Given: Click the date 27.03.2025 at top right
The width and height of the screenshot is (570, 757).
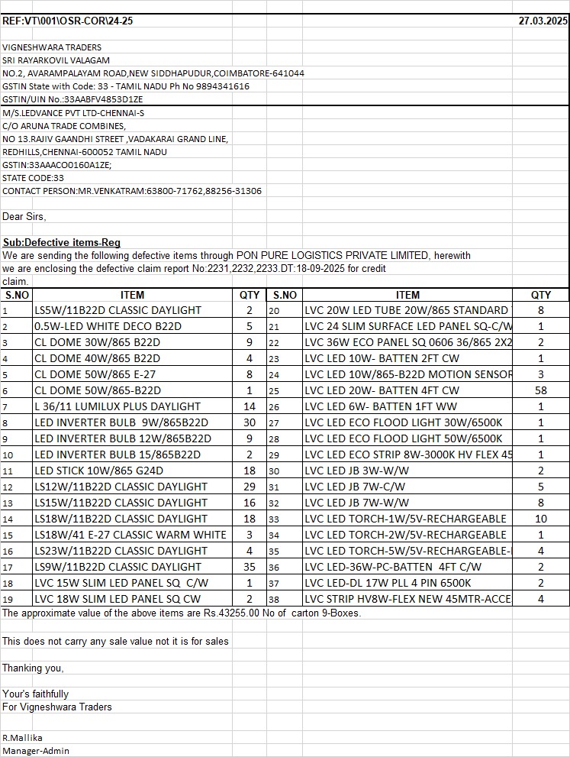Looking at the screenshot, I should [x=543, y=21].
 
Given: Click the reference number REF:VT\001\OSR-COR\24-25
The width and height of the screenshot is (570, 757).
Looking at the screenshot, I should [x=67, y=21].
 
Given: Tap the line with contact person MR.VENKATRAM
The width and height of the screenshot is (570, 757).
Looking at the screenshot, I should [x=132, y=191].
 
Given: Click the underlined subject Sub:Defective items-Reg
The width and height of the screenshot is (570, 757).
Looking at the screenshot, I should [x=62, y=243].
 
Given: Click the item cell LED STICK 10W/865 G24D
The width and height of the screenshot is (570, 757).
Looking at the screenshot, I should [x=98, y=471].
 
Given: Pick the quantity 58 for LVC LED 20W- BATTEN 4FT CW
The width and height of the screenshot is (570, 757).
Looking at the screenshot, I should [x=540, y=390].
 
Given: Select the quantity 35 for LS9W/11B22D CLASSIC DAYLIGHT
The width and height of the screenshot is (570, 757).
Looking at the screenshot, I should [x=249, y=567].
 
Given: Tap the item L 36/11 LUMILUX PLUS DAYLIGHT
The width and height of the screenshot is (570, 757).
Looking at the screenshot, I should [x=118, y=406].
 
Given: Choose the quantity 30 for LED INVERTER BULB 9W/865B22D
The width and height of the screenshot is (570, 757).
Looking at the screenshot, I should [x=249, y=422].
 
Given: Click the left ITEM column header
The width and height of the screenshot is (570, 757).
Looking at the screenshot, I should [x=132, y=295].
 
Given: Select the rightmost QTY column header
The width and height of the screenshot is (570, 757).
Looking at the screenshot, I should [x=541, y=295].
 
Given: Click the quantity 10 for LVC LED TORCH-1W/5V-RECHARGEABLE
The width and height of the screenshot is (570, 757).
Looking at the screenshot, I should [x=540, y=519].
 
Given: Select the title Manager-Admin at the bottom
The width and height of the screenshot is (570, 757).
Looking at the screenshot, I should [x=36, y=751].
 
